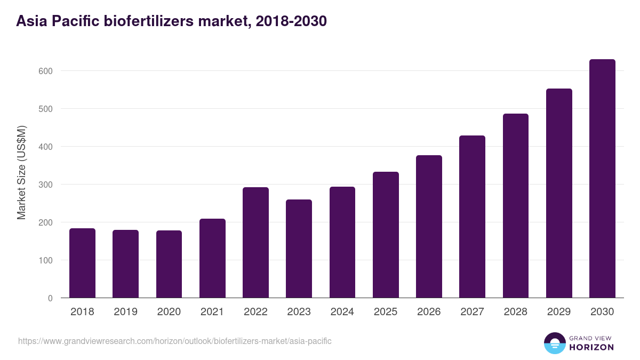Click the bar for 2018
tap(82, 263)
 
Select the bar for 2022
tap(255, 243)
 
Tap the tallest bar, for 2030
tap(602, 179)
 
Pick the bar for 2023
tap(299, 249)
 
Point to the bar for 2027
tap(472, 217)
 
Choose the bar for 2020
tap(169, 264)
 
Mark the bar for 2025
tap(386, 235)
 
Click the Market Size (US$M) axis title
tap(21, 172)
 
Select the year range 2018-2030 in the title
tap(291, 21)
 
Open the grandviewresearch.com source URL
tap(175, 341)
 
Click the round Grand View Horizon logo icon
tap(554, 343)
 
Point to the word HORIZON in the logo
tap(592, 347)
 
